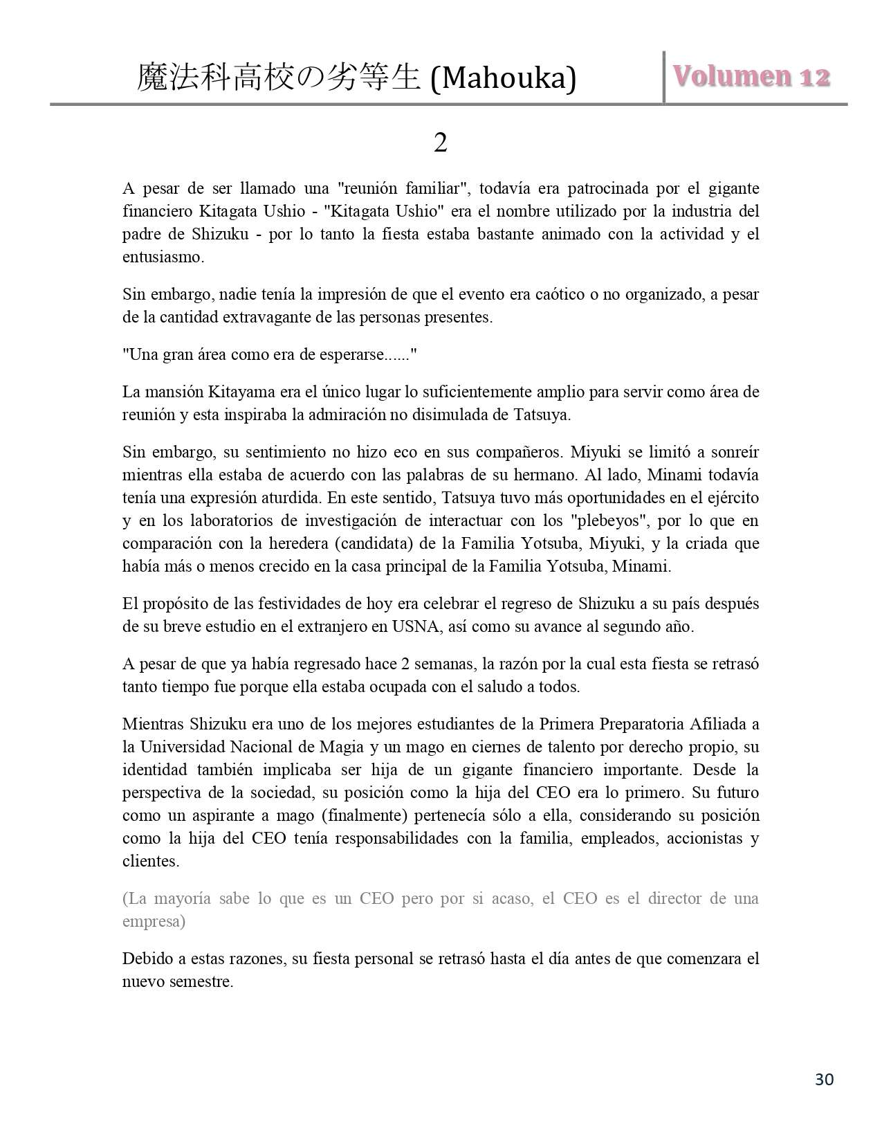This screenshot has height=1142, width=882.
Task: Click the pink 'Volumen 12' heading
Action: [x=752, y=76]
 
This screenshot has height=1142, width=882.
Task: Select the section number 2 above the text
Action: [x=440, y=143]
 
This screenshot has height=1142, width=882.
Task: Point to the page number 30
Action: [x=824, y=1079]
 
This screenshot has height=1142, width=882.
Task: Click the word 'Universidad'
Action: [x=181, y=747]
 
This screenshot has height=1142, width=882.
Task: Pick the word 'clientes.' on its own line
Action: [x=151, y=861]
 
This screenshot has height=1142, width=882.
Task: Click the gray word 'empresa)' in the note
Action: [x=154, y=921]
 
